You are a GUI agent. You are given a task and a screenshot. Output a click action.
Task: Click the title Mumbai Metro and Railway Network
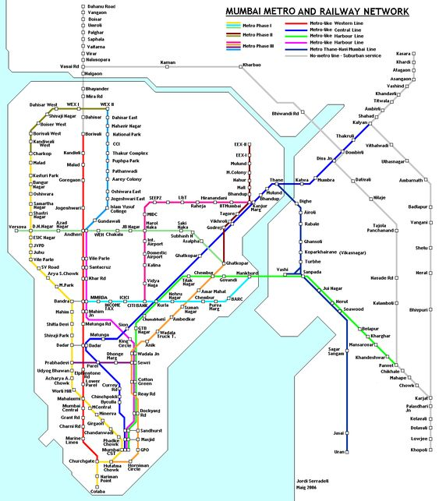317,12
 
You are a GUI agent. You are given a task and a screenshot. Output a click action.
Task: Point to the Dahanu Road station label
99,6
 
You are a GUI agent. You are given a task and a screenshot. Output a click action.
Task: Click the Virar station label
93,53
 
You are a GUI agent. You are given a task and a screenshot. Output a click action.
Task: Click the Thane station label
276,180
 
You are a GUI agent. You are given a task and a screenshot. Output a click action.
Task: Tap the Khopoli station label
420,450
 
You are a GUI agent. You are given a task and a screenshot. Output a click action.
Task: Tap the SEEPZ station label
155,199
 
